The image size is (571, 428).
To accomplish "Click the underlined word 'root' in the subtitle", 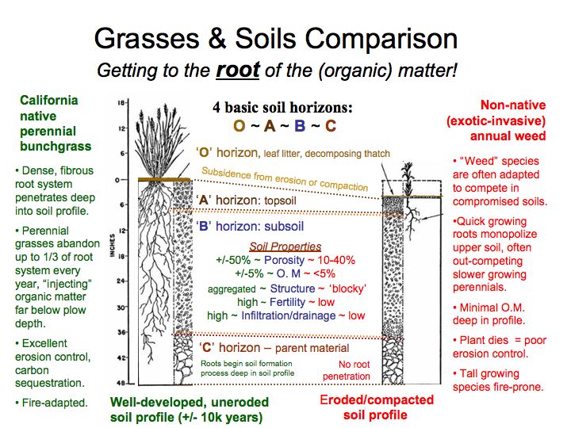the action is (x=238, y=71).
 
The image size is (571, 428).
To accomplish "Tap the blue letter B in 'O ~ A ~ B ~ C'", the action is (x=300, y=126).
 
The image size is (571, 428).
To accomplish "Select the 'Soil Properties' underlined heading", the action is (x=285, y=246).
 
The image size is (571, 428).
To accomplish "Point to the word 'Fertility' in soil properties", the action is (x=287, y=302).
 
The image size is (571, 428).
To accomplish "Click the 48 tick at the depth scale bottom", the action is (x=121, y=383).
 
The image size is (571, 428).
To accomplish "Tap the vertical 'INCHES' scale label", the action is (x=112, y=245).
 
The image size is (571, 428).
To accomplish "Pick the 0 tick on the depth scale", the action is (x=117, y=180).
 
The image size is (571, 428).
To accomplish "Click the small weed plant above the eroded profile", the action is (x=408, y=178).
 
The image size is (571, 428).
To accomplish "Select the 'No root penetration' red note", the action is (x=346, y=370).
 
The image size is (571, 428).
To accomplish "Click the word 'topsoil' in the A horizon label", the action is (x=280, y=201).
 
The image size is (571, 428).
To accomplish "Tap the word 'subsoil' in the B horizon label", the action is (x=284, y=227).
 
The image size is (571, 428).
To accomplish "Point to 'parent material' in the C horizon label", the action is (x=312, y=348).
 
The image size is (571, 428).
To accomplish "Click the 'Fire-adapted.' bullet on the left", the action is (x=52, y=403).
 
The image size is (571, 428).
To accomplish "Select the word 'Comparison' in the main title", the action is (x=381, y=38).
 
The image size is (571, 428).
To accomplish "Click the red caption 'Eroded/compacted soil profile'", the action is (x=377, y=407).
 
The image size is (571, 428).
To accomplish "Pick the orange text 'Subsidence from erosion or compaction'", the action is (x=285, y=178).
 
